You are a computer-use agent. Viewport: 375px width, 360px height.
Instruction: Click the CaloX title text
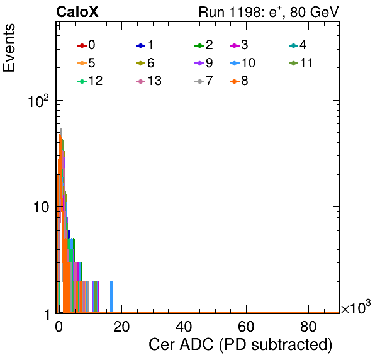77,12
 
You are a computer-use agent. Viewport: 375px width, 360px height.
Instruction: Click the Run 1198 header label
269,12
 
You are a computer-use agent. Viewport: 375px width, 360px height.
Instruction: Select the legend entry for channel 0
86,45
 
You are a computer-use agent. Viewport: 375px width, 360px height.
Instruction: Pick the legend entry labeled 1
145,45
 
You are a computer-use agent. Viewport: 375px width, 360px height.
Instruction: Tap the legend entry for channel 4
298,45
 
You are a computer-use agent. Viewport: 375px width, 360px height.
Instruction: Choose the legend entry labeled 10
242,63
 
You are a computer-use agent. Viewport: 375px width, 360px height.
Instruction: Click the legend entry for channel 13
148,81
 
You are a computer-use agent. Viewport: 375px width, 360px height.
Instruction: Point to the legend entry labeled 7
204,81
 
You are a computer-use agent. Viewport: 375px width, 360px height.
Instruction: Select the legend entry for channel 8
238,81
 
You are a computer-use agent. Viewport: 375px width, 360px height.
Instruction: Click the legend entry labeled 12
90,81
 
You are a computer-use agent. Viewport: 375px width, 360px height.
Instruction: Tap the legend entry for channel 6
145,63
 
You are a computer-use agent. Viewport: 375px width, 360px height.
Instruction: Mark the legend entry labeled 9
204,63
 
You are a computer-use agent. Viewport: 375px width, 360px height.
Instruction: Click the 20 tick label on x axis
121,327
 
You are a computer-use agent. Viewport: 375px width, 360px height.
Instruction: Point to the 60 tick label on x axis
246,327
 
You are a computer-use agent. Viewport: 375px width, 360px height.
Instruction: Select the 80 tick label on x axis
308,327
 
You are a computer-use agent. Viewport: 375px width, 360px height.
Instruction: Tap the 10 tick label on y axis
41,207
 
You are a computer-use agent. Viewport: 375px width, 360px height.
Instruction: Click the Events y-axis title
9,48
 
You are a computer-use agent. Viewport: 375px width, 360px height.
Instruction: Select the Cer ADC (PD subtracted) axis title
240,345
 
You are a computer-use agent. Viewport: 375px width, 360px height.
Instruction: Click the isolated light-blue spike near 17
111,296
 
